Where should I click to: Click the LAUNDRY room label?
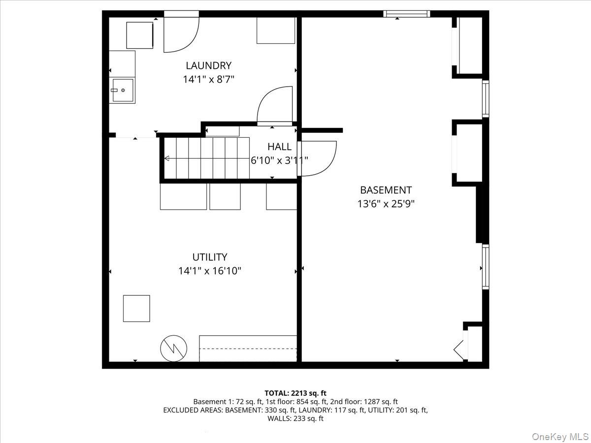pos(208,65)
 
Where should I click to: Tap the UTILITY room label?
pos(210,257)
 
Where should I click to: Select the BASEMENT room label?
pos(386,190)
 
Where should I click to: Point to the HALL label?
pos(279,147)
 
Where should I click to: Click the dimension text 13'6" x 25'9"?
pos(386,203)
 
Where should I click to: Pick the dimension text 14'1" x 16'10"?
pos(210,270)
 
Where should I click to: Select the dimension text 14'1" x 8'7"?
pos(208,79)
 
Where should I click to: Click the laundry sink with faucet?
pos(122,90)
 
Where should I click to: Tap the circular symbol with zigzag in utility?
pos(174,348)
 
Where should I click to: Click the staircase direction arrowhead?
pos(166,158)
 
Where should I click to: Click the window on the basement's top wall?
pos(407,14)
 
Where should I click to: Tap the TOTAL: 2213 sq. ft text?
pos(295,393)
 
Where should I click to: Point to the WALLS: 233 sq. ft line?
pos(295,418)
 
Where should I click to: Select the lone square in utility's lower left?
pos(136,308)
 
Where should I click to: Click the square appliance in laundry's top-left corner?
pos(139,35)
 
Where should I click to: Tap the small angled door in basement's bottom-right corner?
pos(460,348)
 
